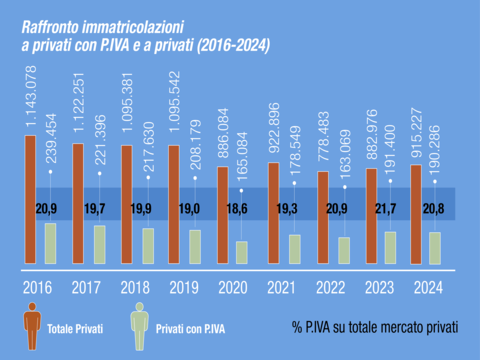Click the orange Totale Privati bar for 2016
click(x=30, y=199)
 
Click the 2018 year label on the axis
click(x=135, y=287)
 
